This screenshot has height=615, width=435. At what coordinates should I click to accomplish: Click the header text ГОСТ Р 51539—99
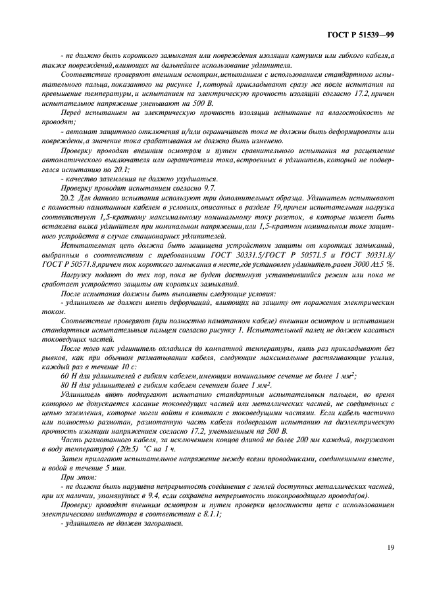(x=361, y=34)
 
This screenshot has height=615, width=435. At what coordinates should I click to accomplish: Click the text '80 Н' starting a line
(x=68, y=384)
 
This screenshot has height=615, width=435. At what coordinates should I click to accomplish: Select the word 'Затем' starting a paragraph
(x=71, y=457)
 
